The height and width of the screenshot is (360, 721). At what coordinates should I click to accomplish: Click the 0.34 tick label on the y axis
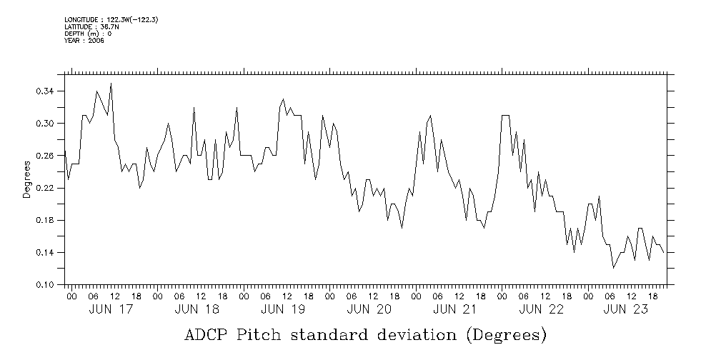pyautogui.click(x=45, y=91)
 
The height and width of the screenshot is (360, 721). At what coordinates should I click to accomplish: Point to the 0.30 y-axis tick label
pyautogui.click(x=45, y=124)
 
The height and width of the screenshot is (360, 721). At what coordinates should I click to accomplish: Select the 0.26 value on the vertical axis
pyautogui.click(x=45, y=156)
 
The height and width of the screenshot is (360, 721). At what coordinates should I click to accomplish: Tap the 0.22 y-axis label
pyautogui.click(x=45, y=188)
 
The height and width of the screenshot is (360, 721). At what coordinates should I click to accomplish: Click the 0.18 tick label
pyautogui.click(x=45, y=220)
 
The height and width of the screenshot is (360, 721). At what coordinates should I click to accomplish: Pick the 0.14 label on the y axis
pyautogui.click(x=45, y=253)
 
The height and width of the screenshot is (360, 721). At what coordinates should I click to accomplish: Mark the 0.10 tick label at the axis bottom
pyautogui.click(x=45, y=285)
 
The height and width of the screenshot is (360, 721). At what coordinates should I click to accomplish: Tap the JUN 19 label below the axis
pyautogui.click(x=283, y=309)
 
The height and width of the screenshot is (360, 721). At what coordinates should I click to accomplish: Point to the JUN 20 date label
pyautogui.click(x=369, y=309)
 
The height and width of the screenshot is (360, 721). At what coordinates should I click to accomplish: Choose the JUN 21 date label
pyautogui.click(x=455, y=309)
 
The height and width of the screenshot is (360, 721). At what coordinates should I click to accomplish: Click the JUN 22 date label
pyautogui.click(x=542, y=309)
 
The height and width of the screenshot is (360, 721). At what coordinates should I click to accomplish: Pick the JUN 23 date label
pyautogui.click(x=627, y=309)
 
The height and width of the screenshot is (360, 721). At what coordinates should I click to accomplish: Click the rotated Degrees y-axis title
pyautogui.click(x=27, y=179)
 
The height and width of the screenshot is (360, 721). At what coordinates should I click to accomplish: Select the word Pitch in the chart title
pyautogui.click(x=269, y=335)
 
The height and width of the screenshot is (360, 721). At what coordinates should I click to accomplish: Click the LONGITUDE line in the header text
pyautogui.click(x=111, y=19)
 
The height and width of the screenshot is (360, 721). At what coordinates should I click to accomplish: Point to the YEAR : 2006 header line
pyautogui.click(x=84, y=41)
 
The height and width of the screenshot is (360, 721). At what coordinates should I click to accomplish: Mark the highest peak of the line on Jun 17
pyautogui.click(x=111, y=84)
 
